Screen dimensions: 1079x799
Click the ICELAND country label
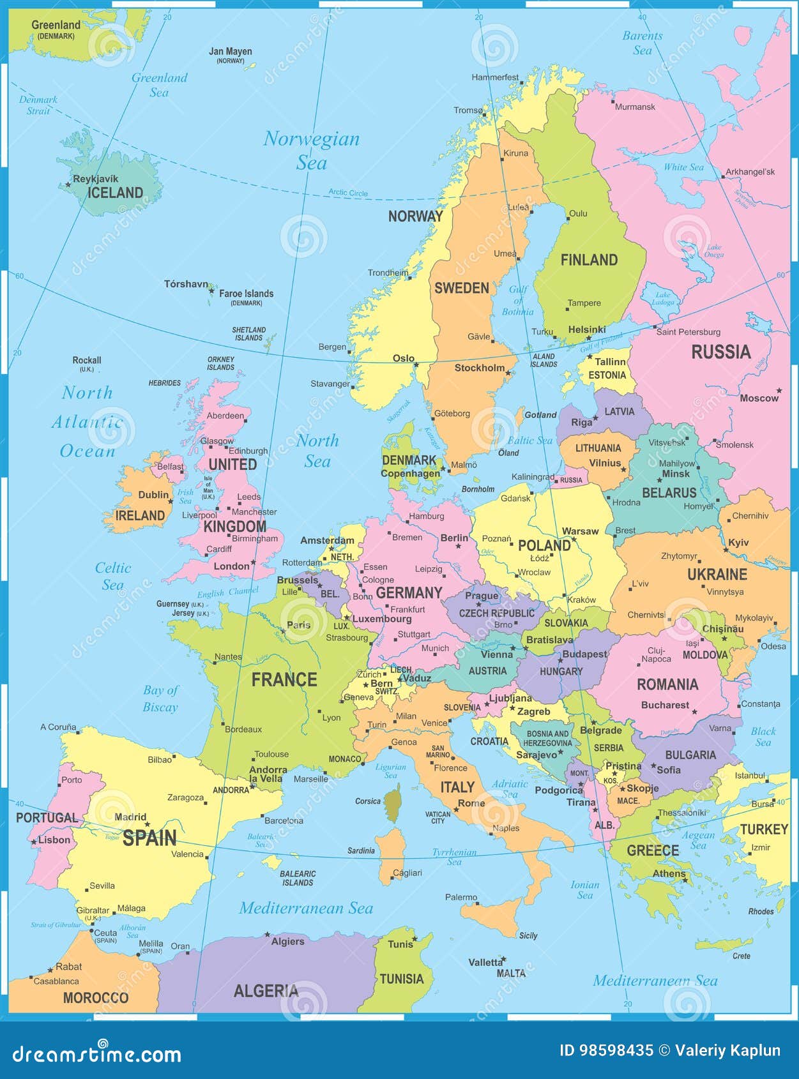click(x=115, y=193)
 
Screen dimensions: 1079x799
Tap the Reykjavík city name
click(x=96, y=179)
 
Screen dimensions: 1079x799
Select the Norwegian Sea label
click(x=312, y=150)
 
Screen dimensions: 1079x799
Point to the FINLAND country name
click(x=589, y=260)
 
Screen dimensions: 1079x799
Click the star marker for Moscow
click(x=779, y=390)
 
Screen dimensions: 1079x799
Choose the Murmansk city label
click(x=635, y=107)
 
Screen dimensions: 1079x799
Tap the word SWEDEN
click(x=461, y=288)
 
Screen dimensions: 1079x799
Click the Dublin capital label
click(x=153, y=495)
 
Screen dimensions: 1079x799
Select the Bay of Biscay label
click(x=160, y=698)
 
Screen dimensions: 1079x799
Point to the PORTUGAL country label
click(x=47, y=818)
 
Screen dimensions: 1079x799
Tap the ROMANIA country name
click(x=667, y=684)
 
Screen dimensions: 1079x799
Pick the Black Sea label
click(x=763, y=737)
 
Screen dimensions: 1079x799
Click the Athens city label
click(x=669, y=873)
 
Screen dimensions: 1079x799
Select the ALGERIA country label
click(x=266, y=991)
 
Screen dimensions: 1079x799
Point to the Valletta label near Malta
click(x=485, y=962)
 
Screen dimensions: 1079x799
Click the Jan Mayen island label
click(x=231, y=52)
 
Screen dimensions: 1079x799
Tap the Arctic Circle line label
click(x=348, y=192)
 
